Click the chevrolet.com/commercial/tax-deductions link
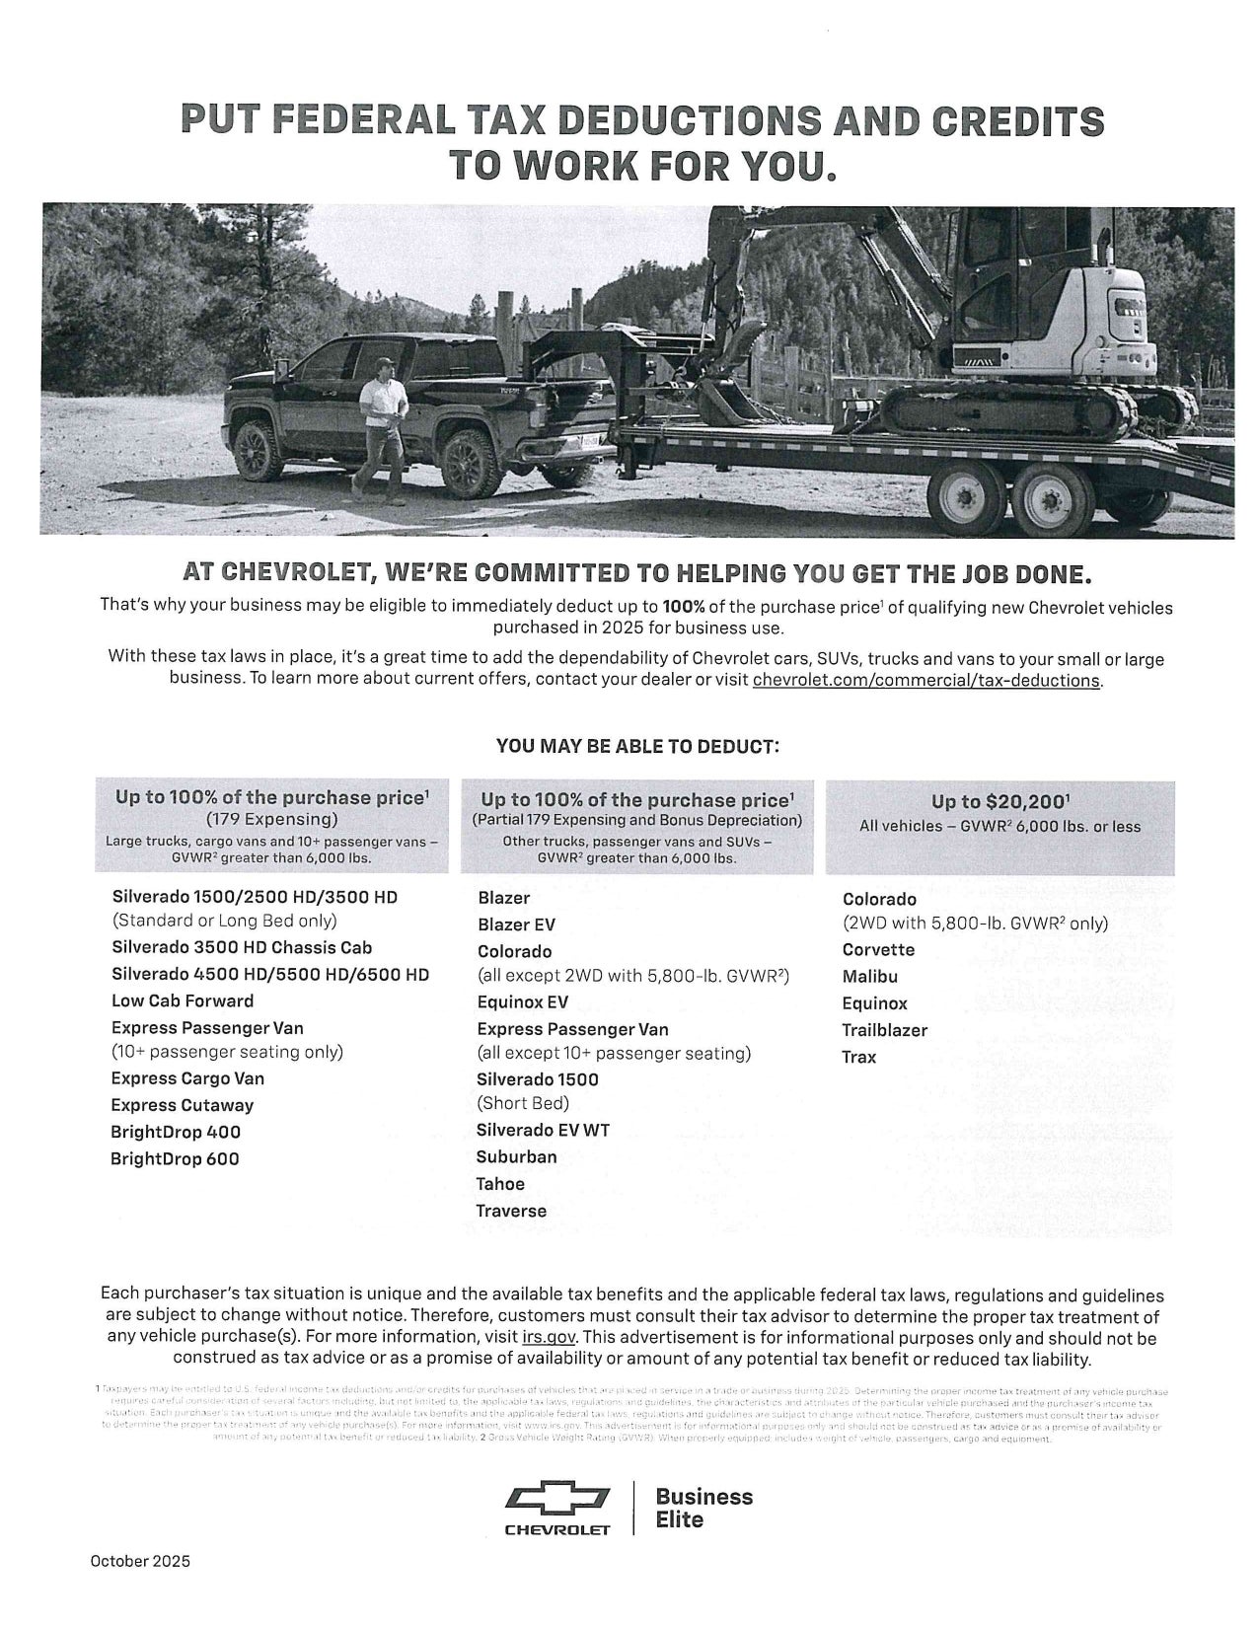pyautogui.click(x=926, y=680)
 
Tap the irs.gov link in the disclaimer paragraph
pyautogui.click(x=549, y=1338)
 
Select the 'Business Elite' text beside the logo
pyautogui.click(x=703, y=1509)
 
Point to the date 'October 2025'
pyautogui.click(x=140, y=1561)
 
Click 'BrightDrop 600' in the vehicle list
pyautogui.click(x=175, y=1159)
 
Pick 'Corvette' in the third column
pyautogui.click(x=878, y=950)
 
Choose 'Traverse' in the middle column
pyautogui.click(x=511, y=1211)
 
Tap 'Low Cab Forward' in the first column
pyautogui.click(x=183, y=1000)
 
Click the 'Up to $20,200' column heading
pyautogui.click(x=999, y=801)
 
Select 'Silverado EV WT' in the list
pyautogui.click(x=543, y=1130)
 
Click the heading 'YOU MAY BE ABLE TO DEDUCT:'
pyautogui.click(x=637, y=746)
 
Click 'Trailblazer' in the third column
pyautogui.click(x=884, y=1030)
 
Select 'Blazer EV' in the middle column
pyautogui.click(x=516, y=925)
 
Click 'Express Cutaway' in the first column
pyautogui.click(x=182, y=1105)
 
